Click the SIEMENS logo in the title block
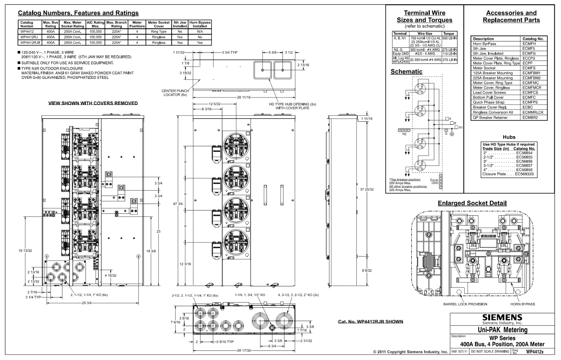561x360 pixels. (x=502, y=318)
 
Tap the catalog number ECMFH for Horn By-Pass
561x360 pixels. (x=529, y=44)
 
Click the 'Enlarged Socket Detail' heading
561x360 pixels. (x=472, y=203)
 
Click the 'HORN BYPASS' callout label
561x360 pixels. (x=522, y=304)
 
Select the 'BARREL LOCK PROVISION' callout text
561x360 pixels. (x=465, y=304)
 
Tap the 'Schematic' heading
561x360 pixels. (x=406, y=72)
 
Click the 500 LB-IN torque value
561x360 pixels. (x=449, y=38)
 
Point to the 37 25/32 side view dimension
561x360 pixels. (x=367, y=189)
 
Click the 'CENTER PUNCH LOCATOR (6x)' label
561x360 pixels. (x=175, y=93)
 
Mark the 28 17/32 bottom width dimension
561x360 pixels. (x=244, y=351)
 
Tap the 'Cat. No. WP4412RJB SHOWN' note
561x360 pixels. (x=370, y=321)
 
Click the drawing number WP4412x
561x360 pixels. (x=535, y=351)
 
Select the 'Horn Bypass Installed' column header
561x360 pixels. (x=200, y=24)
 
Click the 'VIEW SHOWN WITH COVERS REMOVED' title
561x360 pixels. (x=93, y=103)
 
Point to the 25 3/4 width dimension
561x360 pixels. (x=87, y=303)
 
